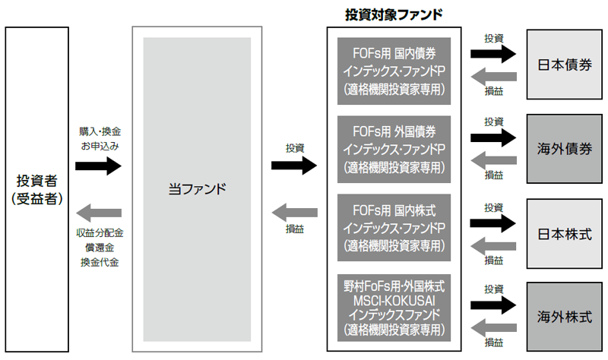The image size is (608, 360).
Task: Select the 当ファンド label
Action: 197,189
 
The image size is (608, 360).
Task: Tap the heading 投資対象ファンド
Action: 394,14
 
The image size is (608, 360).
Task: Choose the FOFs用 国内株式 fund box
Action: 393,226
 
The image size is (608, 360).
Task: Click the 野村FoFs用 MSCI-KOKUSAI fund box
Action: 393,308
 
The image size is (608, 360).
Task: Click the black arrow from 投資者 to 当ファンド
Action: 99,166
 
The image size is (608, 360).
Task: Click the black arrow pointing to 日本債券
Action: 493,54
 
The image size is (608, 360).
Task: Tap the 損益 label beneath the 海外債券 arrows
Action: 494,175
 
